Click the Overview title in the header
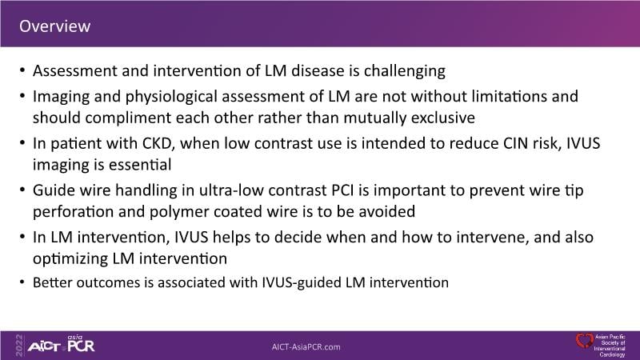tap(54, 26)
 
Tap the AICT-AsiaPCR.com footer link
tap(306, 347)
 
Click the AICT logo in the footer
tap(44, 347)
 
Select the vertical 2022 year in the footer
tap(19, 346)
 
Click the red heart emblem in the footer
tap(584, 341)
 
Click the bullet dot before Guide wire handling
tap(22, 190)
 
